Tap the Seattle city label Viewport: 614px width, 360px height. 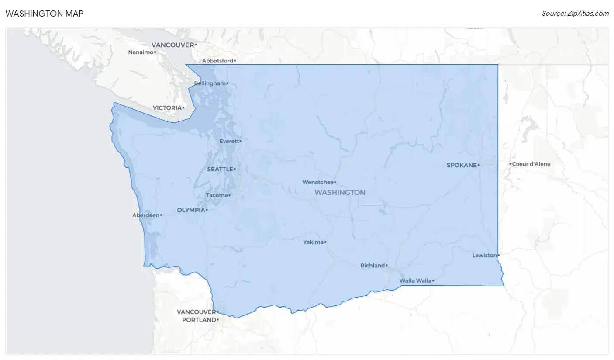click(220, 169)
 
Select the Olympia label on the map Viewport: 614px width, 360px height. click(191, 210)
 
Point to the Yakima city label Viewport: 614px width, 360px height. click(314, 242)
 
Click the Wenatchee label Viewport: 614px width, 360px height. click(318, 182)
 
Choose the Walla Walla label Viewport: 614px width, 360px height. click(415, 280)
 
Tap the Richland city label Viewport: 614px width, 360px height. click(373, 266)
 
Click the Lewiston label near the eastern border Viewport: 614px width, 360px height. click(484, 255)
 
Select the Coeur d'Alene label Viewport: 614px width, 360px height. click(531, 164)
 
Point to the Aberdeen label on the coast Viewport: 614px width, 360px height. click(145, 215)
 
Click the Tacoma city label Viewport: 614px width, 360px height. click(217, 195)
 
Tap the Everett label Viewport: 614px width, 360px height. click(229, 141)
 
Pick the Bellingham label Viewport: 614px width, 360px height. click(210, 83)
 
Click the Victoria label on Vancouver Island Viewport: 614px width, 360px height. click(167, 107)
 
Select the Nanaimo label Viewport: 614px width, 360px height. click(141, 52)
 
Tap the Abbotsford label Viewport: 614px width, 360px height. click(217, 61)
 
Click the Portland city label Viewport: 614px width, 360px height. click(199, 320)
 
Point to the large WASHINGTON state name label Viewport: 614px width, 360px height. click(340, 192)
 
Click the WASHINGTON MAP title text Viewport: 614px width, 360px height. click(44, 14)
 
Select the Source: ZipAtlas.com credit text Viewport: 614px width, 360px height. click(575, 14)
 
